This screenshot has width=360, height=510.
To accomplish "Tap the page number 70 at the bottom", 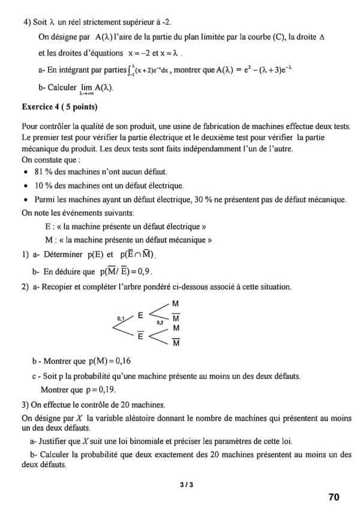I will [334, 497].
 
